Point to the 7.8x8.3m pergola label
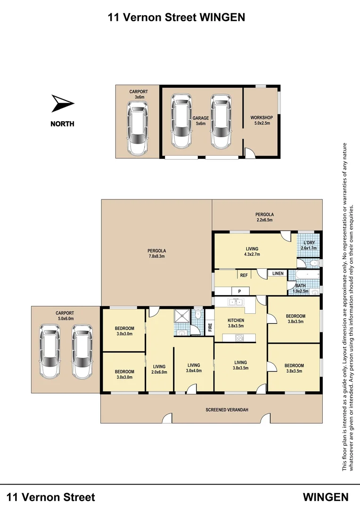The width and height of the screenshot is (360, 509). tap(156, 254)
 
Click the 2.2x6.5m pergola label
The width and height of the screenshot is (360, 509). tap(264, 217)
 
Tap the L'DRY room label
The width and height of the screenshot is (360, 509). tap(309, 243)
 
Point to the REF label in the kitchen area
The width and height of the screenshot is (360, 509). tap(244, 275)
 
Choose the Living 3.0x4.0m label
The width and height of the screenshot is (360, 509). tap(194, 368)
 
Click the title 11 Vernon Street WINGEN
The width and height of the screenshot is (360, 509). tap(176, 17)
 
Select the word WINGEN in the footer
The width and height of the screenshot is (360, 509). tap(325, 497)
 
